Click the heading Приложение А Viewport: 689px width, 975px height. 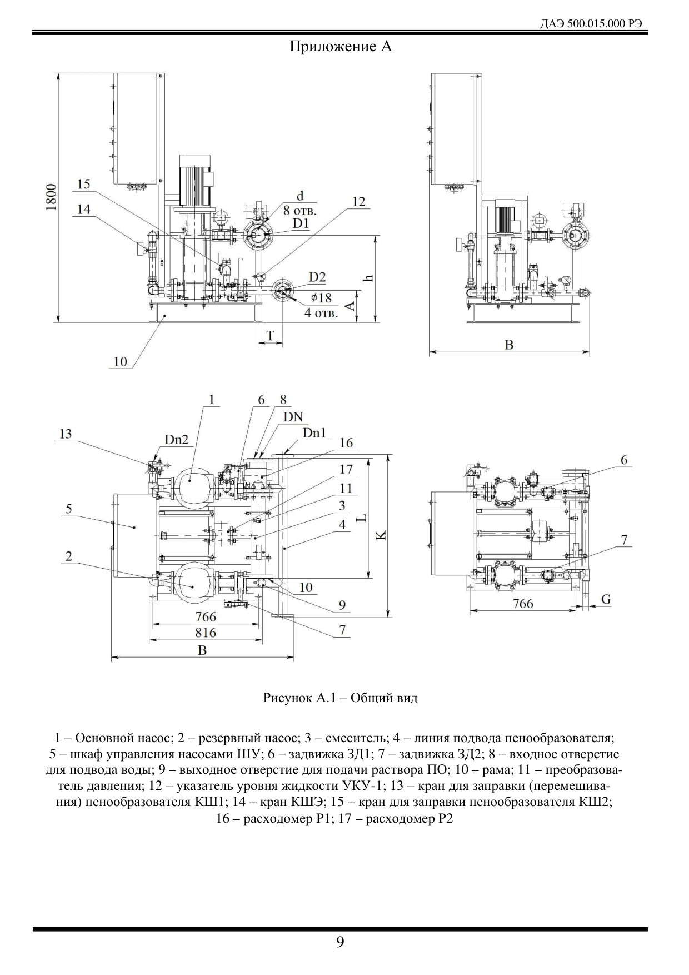341,47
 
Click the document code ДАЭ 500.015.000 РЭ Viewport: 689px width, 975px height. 594,24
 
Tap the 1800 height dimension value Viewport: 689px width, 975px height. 51,197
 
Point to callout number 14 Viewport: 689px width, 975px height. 83,209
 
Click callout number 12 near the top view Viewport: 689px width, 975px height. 359,202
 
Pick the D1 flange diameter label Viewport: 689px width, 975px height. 301,223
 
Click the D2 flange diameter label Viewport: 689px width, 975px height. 317,277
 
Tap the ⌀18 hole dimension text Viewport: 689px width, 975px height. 322,298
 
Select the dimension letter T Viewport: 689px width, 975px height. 271,335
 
